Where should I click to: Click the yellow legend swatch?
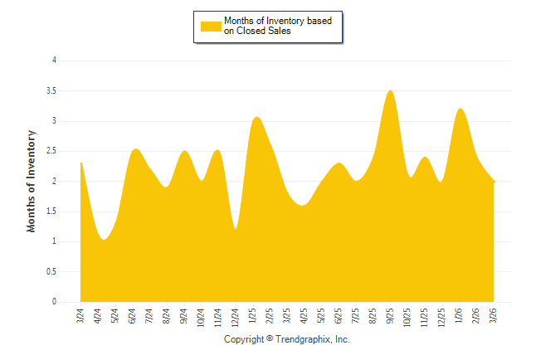[211, 26]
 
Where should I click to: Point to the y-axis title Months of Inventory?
[32, 181]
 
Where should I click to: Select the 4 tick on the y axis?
[54, 61]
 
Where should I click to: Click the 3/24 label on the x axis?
[80, 316]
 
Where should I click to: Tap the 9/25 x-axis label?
[390, 316]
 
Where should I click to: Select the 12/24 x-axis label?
[236, 318]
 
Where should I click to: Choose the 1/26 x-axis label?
[459, 316]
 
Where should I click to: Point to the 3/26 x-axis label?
[494, 316]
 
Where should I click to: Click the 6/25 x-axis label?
[339, 316]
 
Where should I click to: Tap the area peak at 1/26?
[460, 109]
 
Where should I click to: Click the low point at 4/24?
[103, 239]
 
